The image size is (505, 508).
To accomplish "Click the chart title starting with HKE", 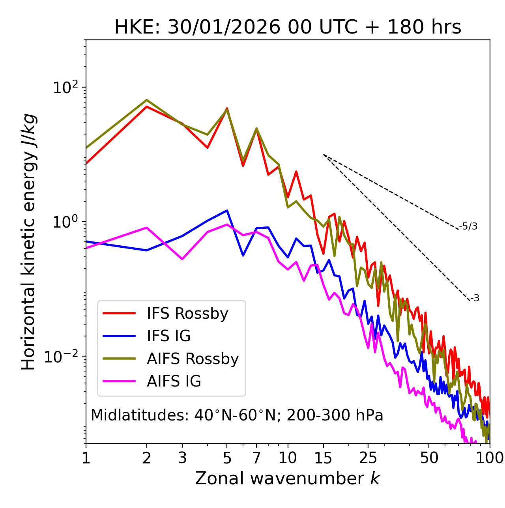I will [288, 28].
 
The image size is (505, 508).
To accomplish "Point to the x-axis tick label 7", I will [256, 458].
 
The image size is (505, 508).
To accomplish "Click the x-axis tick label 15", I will [324, 458].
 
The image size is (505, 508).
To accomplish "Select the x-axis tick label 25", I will [368, 458].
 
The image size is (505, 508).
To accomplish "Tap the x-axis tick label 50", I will [429, 458].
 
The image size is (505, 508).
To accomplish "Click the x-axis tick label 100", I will [489, 458].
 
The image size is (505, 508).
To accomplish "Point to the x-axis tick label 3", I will [182, 458].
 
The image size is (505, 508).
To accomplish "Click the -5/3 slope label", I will [468, 226].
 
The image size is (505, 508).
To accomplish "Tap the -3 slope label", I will [475, 298].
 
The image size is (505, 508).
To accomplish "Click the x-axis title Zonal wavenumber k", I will [288, 478].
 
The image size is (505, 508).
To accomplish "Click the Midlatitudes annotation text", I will [237, 415].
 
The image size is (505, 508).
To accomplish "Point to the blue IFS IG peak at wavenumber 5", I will [227, 210].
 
